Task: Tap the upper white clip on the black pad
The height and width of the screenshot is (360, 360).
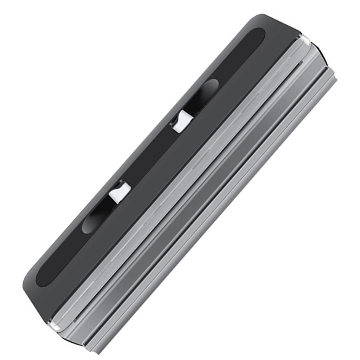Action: tap(182, 121)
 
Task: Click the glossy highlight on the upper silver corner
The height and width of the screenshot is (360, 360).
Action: tap(306, 40)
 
